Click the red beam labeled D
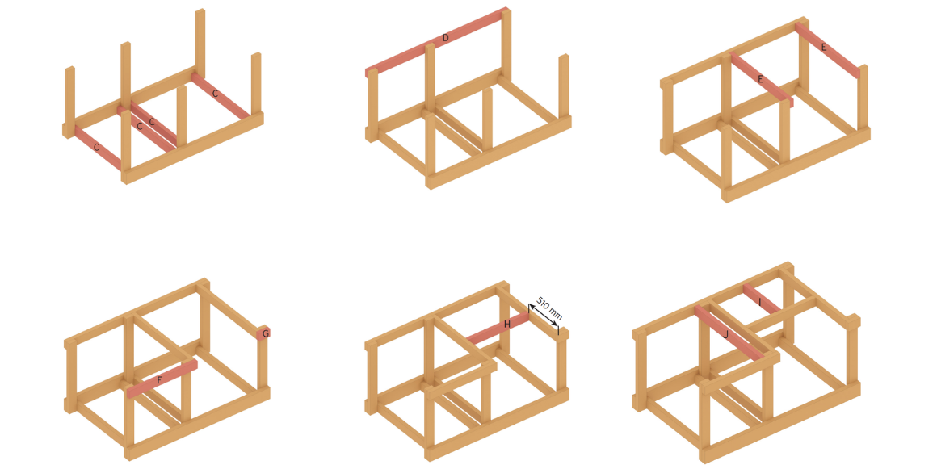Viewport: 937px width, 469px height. click(436, 42)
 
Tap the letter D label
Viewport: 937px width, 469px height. click(445, 38)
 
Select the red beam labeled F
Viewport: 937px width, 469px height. click(162, 379)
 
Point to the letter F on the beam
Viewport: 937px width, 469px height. click(160, 380)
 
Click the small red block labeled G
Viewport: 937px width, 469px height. click(263, 333)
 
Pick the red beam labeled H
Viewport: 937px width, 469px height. click(498, 329)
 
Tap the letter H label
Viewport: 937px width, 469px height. click(506, 325)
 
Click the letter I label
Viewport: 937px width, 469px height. click(759, 303)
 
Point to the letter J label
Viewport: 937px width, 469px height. click(725, 335)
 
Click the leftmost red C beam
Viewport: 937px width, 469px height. click(99, 149)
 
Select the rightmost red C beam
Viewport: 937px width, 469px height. click(221, 95)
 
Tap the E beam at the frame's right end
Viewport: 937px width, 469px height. click(828, 50)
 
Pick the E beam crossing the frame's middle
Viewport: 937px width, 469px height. click(762, 80)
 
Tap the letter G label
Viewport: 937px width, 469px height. click(266, 333)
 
